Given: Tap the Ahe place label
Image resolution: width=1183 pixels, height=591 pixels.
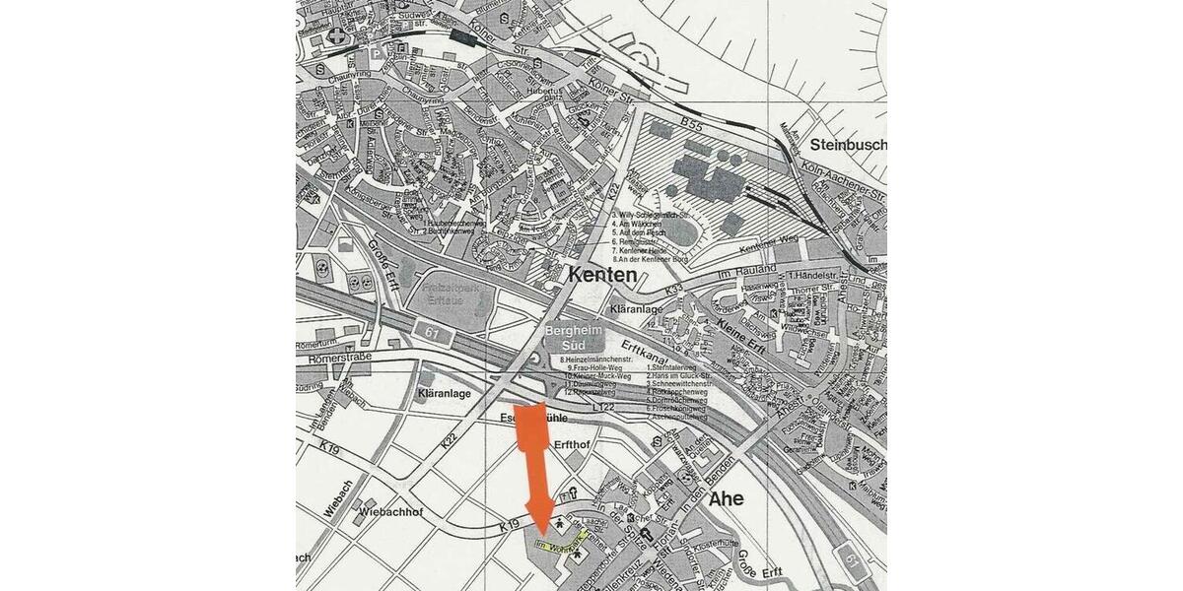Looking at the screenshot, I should [726, 498].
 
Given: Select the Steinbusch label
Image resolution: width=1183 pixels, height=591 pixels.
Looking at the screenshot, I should [847, 145].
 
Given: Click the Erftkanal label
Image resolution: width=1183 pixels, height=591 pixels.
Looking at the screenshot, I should [646, 357].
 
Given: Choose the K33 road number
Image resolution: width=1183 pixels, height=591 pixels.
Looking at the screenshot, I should [674, 291].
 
